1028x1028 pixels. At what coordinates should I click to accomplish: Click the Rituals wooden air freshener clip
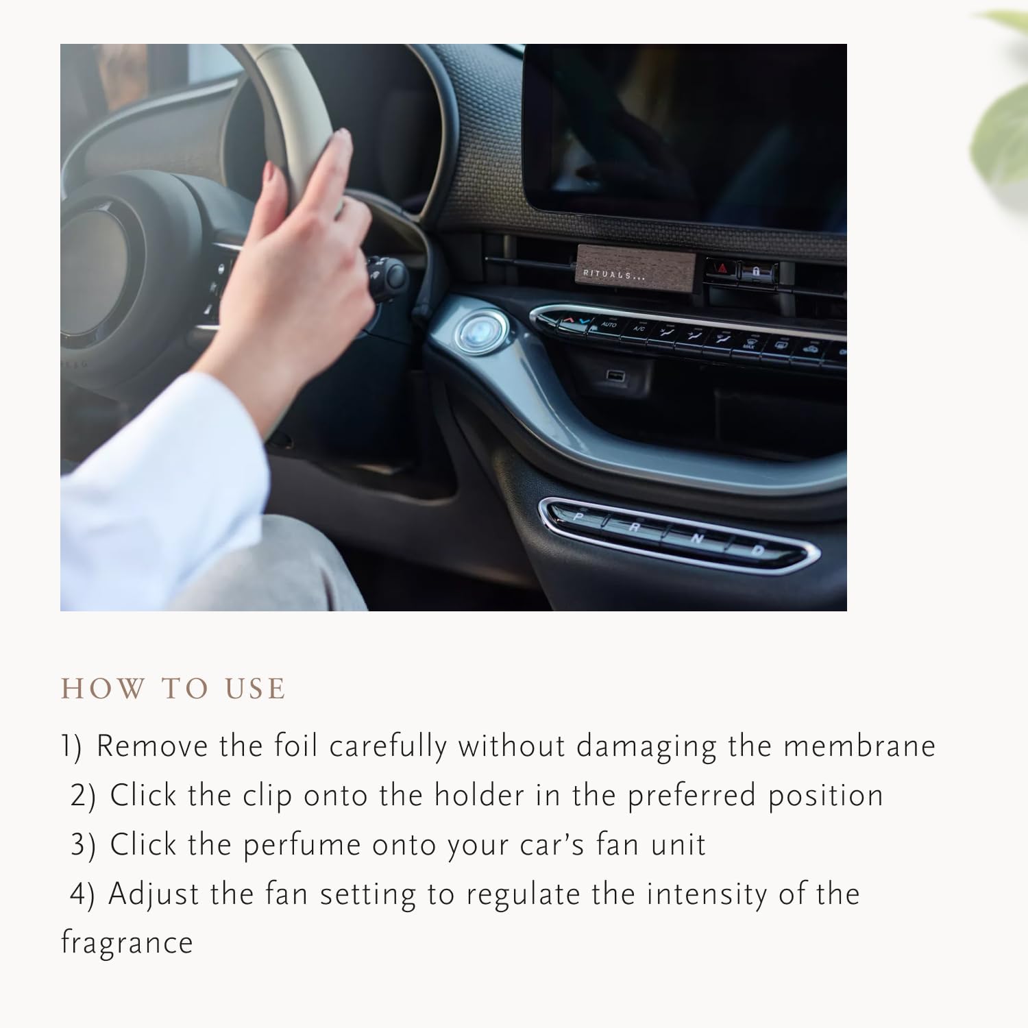click(x=635, y=268)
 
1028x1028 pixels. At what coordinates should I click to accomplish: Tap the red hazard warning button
click(x=722, y=269)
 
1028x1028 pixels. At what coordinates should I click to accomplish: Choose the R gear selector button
click(x=635, y=528)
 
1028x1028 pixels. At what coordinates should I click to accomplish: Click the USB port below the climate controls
click(x=614, y=375)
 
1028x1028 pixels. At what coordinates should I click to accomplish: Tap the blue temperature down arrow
click(x=583, y=320)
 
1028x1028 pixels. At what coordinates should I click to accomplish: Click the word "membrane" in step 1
click(x=859, y=746)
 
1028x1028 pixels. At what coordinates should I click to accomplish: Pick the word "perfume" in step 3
click(x=302, y=846)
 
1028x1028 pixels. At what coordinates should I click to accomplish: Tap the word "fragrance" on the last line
click(x=127, y=943)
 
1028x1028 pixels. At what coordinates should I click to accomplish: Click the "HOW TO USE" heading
click(x=173, y=689)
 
